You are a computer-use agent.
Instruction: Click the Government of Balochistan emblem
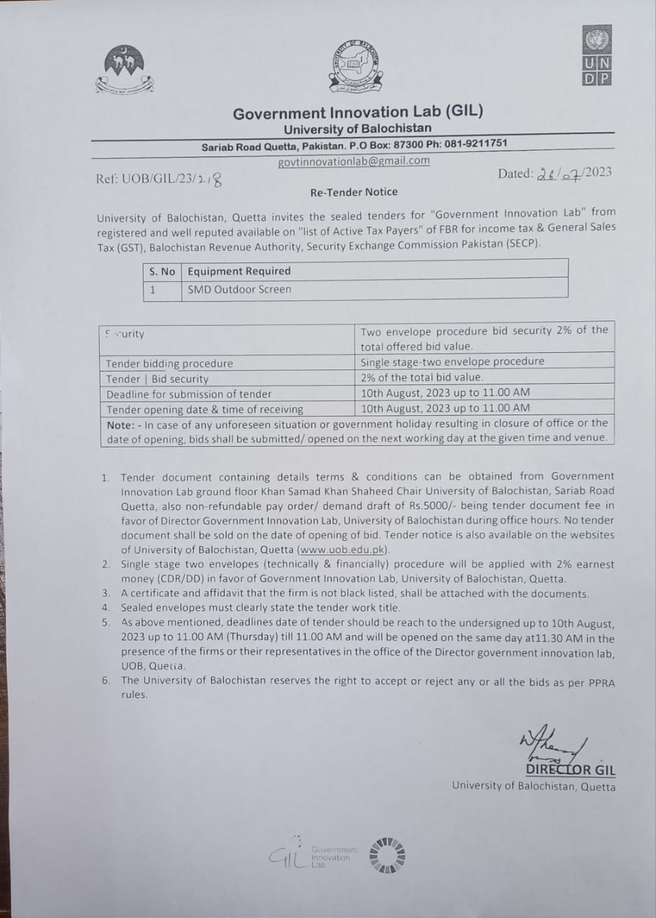click(x=124, y=70)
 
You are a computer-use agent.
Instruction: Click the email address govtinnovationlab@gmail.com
click(x=354, y=161)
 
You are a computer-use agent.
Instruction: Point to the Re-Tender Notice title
click(x=354, y=191)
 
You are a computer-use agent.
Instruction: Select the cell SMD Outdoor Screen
click(x=239, y=289)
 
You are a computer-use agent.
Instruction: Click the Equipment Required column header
click(x=239, y=271)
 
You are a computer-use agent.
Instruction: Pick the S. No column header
click(x=162, y=271)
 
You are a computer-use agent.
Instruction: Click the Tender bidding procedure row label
click(x=169, y=364)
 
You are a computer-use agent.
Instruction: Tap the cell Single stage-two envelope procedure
click(x=452, y=361)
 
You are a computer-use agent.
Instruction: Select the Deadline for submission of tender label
click(x=189, y=394)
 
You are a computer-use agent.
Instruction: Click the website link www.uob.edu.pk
click(x=343, y=549)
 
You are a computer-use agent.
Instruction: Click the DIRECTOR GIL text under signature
click(x=571, y=771)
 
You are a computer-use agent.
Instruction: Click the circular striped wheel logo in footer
click(x=387, y=856)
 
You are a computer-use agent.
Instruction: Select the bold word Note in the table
click(x=120, y=424)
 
